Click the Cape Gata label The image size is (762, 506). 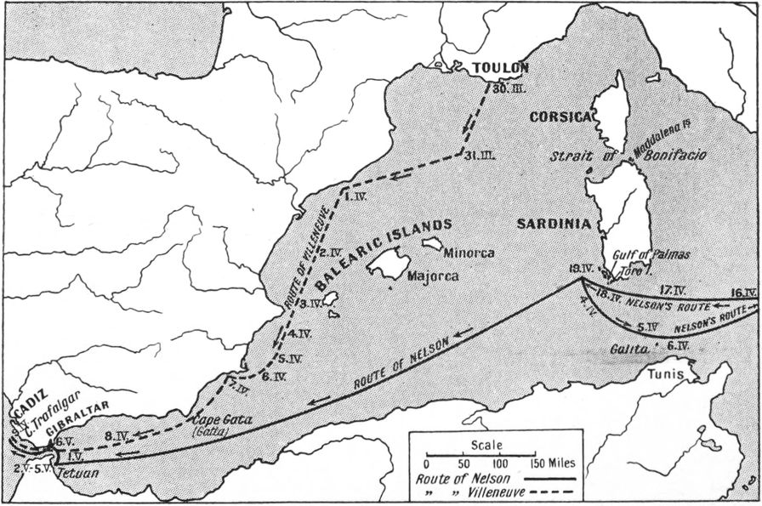219,419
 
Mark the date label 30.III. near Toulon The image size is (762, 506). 503,87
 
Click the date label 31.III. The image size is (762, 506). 481,155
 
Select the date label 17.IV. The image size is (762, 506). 674,289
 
